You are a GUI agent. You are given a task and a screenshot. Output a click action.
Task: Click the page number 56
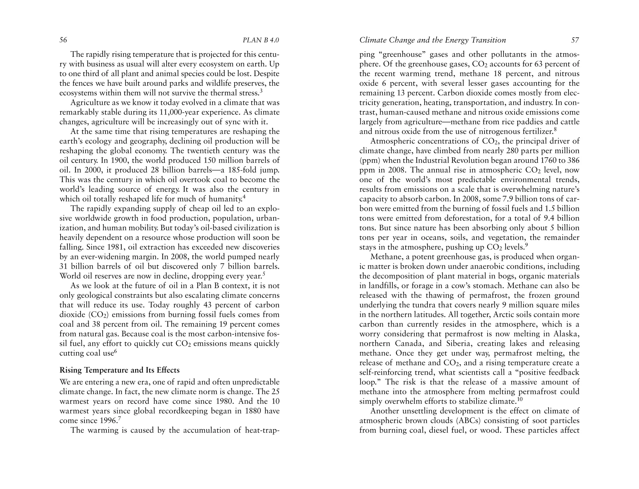pos(63,40)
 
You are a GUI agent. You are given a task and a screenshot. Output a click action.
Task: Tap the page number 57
pos(575,40)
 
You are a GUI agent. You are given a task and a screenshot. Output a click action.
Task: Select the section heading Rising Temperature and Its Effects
pos(120,370)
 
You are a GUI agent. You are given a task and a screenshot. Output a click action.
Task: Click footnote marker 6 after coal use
pos(115,351)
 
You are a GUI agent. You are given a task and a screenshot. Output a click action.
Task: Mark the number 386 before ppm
pos(573,160)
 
